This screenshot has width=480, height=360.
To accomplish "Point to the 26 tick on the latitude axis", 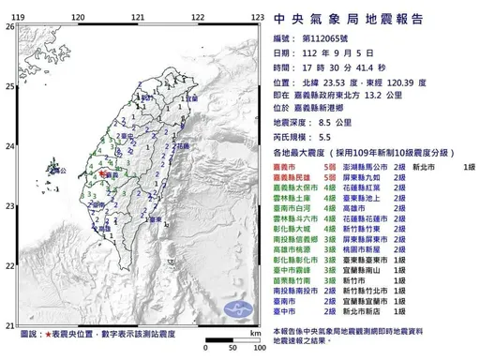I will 9,27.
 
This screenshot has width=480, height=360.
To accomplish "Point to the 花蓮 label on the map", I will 182,147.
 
